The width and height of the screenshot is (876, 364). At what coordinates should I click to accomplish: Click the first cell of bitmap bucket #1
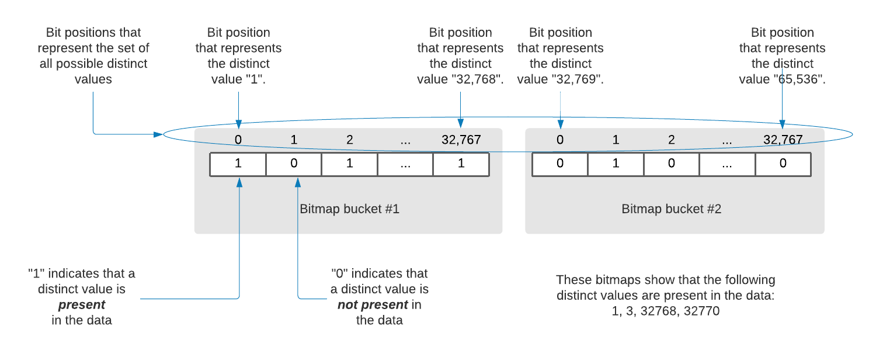238,164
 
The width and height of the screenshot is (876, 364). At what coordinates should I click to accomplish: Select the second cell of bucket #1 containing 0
294,164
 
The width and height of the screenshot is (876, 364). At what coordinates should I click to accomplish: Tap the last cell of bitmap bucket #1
461,164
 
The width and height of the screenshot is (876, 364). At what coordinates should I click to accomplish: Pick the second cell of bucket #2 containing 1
616,164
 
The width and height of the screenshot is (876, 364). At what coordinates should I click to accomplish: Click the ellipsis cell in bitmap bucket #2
727,164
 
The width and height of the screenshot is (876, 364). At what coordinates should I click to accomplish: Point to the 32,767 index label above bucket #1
461,140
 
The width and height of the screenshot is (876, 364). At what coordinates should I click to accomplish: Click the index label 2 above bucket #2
671,140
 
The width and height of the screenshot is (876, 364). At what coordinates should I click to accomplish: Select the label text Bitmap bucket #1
349,209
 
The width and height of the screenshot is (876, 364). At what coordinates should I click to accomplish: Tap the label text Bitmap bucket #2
672,209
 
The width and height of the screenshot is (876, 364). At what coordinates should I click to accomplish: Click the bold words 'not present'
373,305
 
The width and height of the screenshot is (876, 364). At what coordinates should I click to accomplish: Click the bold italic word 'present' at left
82,305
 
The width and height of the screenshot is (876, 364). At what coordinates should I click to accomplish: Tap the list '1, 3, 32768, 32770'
665,311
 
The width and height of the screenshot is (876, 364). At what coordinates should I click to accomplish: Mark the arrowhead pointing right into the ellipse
158,134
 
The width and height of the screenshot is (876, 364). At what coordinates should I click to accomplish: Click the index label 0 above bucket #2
560,140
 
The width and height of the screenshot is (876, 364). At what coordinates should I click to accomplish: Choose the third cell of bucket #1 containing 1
349,164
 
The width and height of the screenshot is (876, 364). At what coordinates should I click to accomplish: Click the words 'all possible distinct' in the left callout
93,64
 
